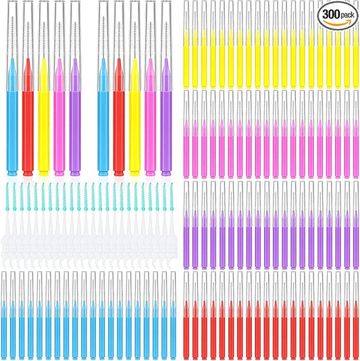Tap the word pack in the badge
point(349,13)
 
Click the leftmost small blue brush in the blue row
point(5,324)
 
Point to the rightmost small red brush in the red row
point(355,324)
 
